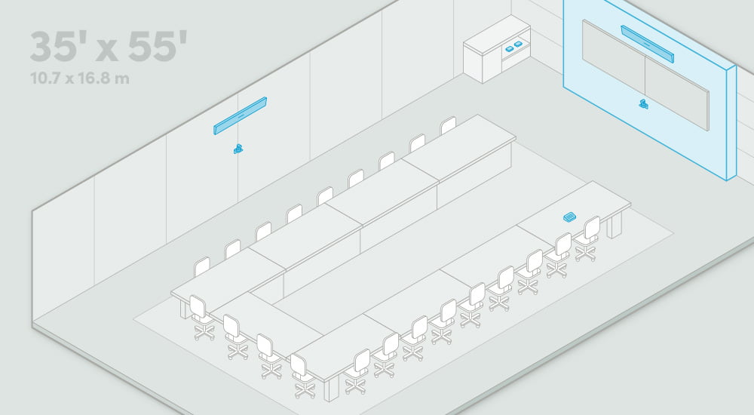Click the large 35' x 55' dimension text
coord(108,47)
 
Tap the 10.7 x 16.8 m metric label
coord(80,78)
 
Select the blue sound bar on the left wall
coord(240,116)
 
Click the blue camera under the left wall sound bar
coord(238,149)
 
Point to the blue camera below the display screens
coord(644,104)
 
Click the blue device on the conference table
coord(570,217)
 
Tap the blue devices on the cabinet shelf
coord(513,46)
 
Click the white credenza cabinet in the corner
coord(497,49)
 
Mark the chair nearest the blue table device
coord(587,238)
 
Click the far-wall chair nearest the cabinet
coord(448,125)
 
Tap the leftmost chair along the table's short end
coord(202,318)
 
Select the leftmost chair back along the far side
coord(201,266)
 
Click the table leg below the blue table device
coord(614,225)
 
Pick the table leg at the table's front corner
coord(331,390)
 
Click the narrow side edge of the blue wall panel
coord(731,123)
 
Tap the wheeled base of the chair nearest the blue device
coord(586,252)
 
